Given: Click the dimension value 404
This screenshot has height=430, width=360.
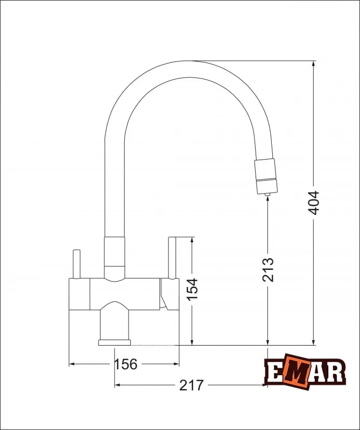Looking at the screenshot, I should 314,202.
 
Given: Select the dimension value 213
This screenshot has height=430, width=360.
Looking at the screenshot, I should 268,269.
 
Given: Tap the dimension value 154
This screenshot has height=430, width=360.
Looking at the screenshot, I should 192,289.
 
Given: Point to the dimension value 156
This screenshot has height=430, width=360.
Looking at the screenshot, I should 125,364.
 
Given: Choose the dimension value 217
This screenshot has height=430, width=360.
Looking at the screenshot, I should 191,385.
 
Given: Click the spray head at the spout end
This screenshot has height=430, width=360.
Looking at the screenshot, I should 266,176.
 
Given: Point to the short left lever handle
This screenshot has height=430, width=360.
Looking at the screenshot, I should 76,264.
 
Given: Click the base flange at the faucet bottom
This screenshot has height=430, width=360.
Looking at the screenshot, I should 115,342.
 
